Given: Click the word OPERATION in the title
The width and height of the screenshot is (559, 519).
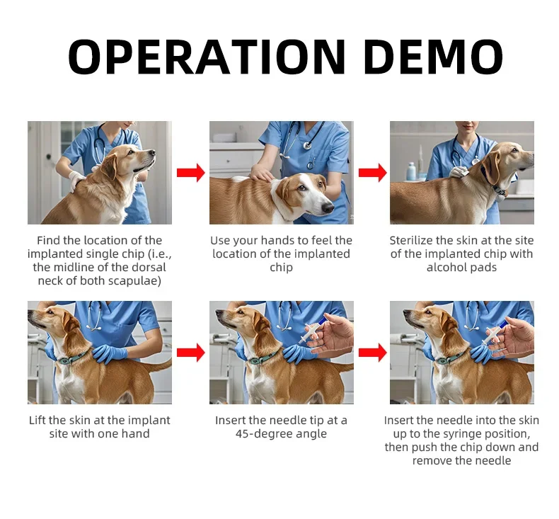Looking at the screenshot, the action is [x=207, y=57].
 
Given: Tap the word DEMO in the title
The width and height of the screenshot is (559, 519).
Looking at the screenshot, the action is [x=433, y=57].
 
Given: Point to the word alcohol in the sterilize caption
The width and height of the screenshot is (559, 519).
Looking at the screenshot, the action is [x=446, y=268].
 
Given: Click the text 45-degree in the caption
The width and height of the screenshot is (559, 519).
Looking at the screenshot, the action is [x=263, y=434].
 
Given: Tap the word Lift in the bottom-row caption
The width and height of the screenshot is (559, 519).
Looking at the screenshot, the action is [x=38, y=421].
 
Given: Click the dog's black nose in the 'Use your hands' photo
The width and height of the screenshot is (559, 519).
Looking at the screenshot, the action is [x=328, y=208].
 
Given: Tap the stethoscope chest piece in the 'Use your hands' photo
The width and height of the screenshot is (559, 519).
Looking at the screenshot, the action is [x=307, y=145].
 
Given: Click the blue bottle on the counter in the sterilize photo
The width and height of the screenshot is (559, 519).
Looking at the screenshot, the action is [x=411, y=171].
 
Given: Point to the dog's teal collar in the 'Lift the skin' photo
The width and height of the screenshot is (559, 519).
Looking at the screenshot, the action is [x=73, y=358].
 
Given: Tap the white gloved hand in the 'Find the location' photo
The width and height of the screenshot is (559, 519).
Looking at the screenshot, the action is [x=76, y=181].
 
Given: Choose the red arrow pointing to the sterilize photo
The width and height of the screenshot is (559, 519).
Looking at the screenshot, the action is [x=372, y=173].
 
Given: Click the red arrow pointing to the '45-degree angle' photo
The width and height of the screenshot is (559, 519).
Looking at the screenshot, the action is [x=191, y=353].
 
